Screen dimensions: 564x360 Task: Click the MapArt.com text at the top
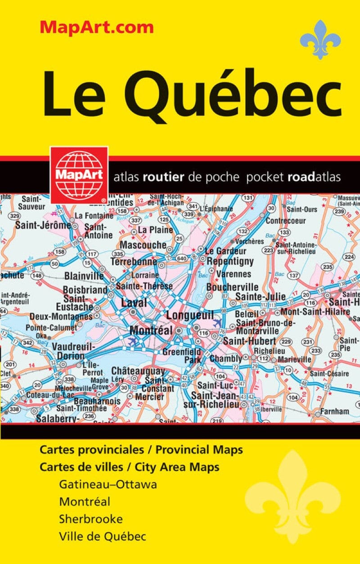click(97, 27)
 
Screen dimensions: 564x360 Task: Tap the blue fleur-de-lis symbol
click(320, 40)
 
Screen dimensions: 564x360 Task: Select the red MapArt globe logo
click(79, 174)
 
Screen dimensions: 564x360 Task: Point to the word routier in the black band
click(163, 177)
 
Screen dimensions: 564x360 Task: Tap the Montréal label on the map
click(151, 330)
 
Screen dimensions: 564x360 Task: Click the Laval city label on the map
click(134, 303)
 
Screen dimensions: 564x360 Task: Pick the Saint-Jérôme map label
click(43, 225)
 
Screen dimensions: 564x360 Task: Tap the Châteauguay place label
click(138, 371)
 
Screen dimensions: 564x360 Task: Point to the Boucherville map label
click(232, 287)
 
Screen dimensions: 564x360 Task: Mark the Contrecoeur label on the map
click(285, 221)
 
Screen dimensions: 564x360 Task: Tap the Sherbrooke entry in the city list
click(90, 519)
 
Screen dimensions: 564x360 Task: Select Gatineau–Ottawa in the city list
click(108, 484)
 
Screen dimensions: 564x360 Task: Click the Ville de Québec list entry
click(102, 536)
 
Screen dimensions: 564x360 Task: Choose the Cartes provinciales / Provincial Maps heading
click(141, 450)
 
